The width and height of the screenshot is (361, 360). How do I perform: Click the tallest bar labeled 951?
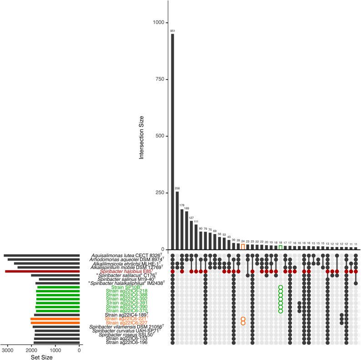[x=172, y=141]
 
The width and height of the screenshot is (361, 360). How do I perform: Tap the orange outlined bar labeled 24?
[x=243, y=247]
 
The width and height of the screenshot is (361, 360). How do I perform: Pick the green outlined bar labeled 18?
[x=281, y=248]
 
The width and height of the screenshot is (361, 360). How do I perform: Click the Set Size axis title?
[x=41, y=357]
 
